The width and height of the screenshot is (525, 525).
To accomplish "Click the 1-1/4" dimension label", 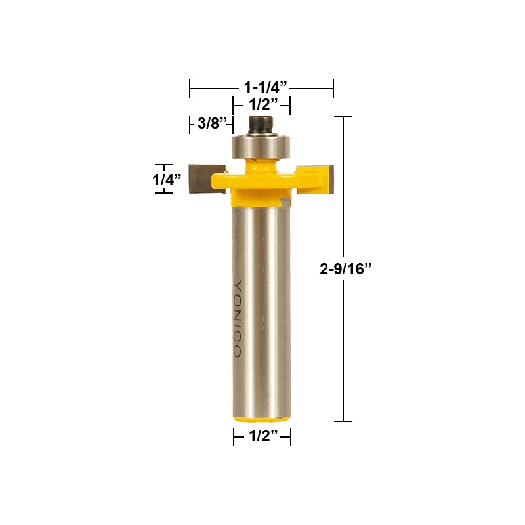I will click(262, 87).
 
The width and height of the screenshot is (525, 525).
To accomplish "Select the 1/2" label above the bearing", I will click(261, 104).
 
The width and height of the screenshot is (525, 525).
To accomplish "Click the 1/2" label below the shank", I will click(262, 436).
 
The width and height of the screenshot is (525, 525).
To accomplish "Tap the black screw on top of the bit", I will click(261, 123).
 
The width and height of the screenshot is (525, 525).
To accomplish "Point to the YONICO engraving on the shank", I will click(238, 319).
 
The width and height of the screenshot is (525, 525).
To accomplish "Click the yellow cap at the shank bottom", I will click(262, 417).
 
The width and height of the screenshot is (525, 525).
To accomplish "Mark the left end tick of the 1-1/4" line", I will click(190, 87).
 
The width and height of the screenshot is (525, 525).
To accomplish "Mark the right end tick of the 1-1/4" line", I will click(333, 87).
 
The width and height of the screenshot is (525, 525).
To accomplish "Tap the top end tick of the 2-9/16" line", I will click(343, 116).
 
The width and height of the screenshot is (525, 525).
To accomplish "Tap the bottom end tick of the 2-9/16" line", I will click(343, 421).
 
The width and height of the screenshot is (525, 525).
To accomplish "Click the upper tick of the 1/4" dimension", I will click(164, 165).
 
